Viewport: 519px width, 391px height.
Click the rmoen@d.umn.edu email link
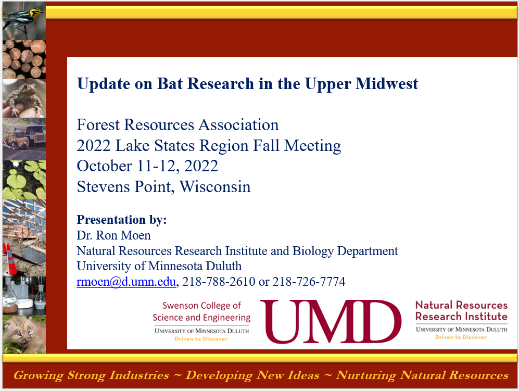[126, 282]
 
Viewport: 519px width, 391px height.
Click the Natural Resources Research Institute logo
[461, 319]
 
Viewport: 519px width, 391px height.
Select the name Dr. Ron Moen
[113, 235]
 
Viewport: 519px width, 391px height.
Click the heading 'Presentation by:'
[122, 220]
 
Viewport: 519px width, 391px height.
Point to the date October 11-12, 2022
[147, 166]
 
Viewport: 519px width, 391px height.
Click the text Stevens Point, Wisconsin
[163, 186]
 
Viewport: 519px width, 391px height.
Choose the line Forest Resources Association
[178, 125]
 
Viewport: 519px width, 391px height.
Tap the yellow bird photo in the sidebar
[23, 20]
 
